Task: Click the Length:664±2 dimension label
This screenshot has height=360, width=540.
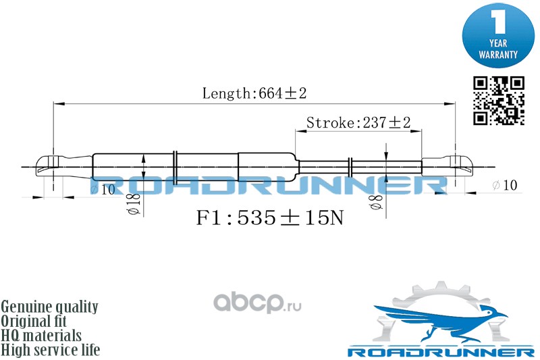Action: click(254, 93)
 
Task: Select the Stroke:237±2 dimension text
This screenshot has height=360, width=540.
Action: click(358, 122)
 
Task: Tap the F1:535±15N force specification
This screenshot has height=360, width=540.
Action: click(269, 217)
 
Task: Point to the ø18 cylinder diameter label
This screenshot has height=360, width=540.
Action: click(134, 204)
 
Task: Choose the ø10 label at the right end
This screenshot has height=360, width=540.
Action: click(505, 185)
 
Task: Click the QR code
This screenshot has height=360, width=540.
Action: click(498, 101)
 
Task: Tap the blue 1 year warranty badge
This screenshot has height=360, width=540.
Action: click(498, 35)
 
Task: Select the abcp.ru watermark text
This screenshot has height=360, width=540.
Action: click(257, 303)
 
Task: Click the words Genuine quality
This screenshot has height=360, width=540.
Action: click(49, 307)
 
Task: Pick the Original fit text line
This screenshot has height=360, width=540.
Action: click(34, 321)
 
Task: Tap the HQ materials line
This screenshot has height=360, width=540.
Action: click(41, 336)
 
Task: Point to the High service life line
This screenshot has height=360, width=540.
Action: click(51, 350)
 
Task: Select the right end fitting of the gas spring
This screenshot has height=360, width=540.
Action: click(448, 167)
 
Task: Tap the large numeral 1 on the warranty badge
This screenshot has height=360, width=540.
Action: click(498, 22)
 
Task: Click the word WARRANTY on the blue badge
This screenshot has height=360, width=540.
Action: click(498, 55)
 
